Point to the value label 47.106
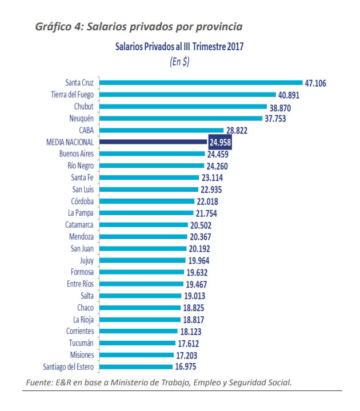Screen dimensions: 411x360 315,83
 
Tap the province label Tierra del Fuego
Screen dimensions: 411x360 73,95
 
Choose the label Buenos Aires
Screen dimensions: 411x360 77,154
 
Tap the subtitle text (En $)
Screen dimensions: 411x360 179,63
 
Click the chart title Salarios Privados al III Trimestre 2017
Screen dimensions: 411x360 179,47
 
